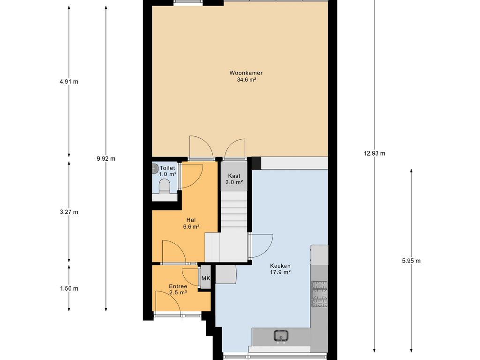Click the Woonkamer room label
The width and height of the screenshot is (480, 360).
click(246, 73)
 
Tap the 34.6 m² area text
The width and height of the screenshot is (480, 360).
click(246, 80)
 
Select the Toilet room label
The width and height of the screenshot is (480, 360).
click(167, 168)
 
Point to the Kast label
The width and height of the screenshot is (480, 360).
click(234, 176)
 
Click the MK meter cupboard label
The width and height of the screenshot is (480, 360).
click(206, 278)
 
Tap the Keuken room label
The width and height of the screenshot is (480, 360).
click(280, 266)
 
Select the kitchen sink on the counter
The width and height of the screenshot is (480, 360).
click(281, 336)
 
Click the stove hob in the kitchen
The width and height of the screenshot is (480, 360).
click(319, 294)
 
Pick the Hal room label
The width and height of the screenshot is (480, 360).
click(191, 220)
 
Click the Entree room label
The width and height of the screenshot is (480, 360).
click(178, 286)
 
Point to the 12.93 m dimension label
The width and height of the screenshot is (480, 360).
click(375, 153)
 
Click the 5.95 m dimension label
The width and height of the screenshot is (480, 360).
click(411, 261)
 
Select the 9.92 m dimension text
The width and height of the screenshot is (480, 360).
click(106, 158)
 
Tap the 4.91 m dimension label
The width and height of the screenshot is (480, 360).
click(69, 82)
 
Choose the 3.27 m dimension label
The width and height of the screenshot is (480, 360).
click(69, 212)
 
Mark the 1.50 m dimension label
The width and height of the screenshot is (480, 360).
click(69, 288)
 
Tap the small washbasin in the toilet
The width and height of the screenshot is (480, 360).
click(156, 168)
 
